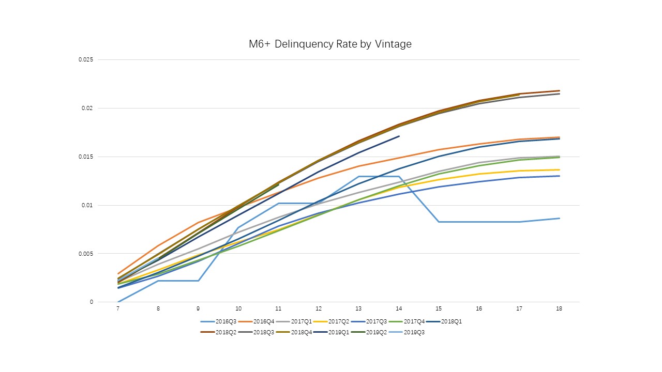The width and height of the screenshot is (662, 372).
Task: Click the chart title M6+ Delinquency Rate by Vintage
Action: coord(330,44)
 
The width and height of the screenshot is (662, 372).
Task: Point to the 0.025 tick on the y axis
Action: coord(86,60)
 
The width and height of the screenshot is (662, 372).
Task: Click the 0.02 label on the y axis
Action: coord(87,109)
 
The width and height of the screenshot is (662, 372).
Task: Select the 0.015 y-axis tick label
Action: coord(86,157)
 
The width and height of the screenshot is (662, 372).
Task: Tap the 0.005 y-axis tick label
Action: coord(86,254)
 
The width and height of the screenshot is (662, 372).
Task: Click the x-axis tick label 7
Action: coord(118,308)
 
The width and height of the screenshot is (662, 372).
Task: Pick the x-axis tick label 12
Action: coord(319,308)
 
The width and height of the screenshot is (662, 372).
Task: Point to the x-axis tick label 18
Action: coord(559,308)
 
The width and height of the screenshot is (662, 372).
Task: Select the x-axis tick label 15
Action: coord(439,308)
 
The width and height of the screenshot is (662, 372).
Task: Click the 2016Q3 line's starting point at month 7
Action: coord(118,302)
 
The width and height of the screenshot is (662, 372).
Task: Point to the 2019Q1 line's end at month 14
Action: coord(399,136)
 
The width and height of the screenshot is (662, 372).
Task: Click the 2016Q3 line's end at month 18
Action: coord(559,218)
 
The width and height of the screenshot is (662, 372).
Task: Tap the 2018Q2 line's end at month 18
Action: coord(559,90)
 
